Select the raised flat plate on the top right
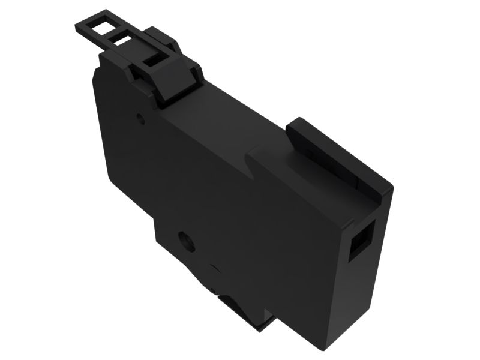tap(336, 153)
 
